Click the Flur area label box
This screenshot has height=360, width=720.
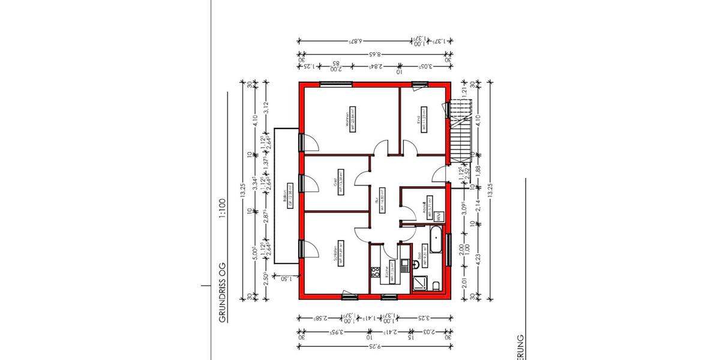point(379,199)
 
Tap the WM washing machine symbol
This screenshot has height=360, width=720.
point(439,215)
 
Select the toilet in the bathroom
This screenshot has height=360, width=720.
point(436,284)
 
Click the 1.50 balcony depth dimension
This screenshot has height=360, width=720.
point(286,278)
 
